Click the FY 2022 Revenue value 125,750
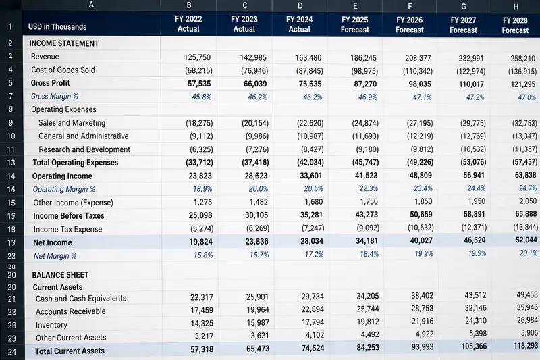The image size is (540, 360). tap(197, 57)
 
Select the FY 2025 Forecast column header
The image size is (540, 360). tap(355, 24)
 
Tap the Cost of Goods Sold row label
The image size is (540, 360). tap(63, 70)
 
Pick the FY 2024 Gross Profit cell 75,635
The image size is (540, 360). tap(310, 84)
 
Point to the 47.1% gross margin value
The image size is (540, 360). tap(423, 97)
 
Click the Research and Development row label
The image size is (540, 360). tap(84, 149)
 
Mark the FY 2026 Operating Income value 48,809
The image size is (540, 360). tap(421, 176)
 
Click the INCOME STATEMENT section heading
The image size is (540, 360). tap(64, 43)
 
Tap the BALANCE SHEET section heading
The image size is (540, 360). tap(60, 275)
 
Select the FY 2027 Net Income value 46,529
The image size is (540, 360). tap(475, 240)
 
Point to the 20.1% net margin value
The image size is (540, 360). tap(529, 253)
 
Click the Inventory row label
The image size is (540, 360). tap(51, 324)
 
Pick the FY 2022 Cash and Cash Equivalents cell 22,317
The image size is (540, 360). tap(201, 297)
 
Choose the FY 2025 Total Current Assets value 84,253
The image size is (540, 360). tap(368, 347)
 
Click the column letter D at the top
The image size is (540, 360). tap(300, 5)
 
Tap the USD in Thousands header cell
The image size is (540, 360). tap(57, 27)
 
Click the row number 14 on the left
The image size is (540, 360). tap(11, 176)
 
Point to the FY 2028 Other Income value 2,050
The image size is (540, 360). tap(528, 201)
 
